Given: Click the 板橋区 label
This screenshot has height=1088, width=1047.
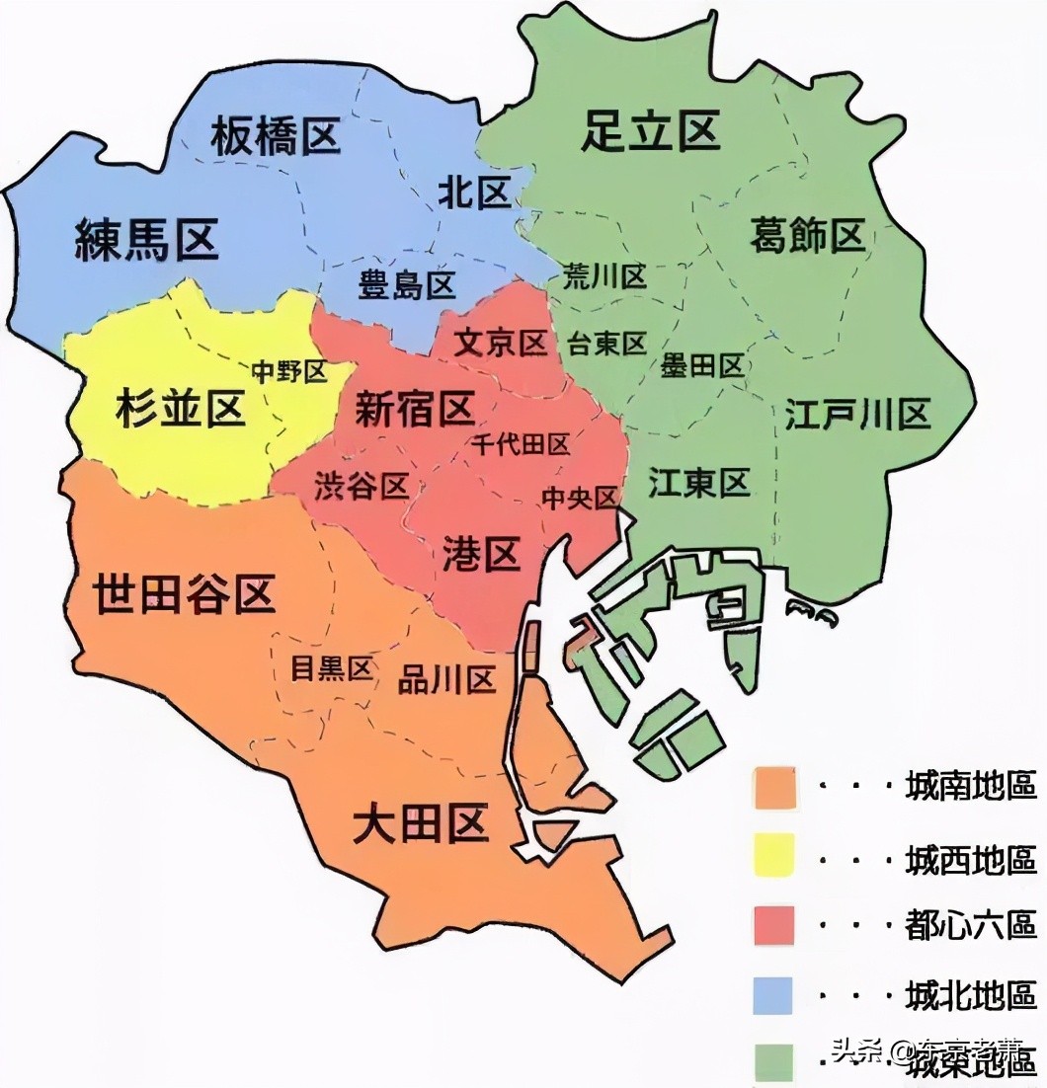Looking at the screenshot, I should pyautogui.click(x=276, y=136).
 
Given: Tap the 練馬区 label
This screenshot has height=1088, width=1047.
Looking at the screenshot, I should pyautogui.click(x=146, y=240).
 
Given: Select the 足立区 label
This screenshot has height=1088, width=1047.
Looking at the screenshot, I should pyautogui.click(x=650, y=131).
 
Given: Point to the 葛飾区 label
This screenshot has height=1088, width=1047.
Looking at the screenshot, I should pyautogui.click(x=807, y=236).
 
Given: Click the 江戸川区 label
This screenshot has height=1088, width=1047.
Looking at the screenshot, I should pyautogui.click(x=858, y=415).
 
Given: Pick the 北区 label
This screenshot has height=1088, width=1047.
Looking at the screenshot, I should pyautogui.click(x=474, y=194).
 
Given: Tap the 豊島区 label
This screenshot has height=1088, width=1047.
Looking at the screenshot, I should pyautogui.click(x=406, y=286).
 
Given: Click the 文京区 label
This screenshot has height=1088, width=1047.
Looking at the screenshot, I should pyautogui.click(x=501, y=344).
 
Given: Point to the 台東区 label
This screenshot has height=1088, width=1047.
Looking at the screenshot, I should pyautogui.click(x=606, y=344).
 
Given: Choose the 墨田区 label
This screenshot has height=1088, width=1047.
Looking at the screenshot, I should pyautogui.click(x=702, y=366).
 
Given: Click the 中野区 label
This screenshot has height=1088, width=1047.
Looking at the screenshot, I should pyautogui.click(x=288, y=371).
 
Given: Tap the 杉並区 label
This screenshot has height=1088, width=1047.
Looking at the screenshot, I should pyautogui.click(x=180, y=409).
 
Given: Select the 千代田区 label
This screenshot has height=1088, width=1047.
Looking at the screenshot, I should pyautogui.click(x=522, y=444).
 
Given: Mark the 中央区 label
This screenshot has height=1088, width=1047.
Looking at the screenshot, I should pyautogui.click(x=579, y=498).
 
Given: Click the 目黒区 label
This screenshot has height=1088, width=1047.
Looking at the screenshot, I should pyautogui.click(x=331, y=668).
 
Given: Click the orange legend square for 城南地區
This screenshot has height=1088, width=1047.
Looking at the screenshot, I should pyautogui.click(x=774, y=787).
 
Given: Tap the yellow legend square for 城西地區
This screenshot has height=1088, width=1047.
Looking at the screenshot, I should pyautogui.click(x=774, y=855).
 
